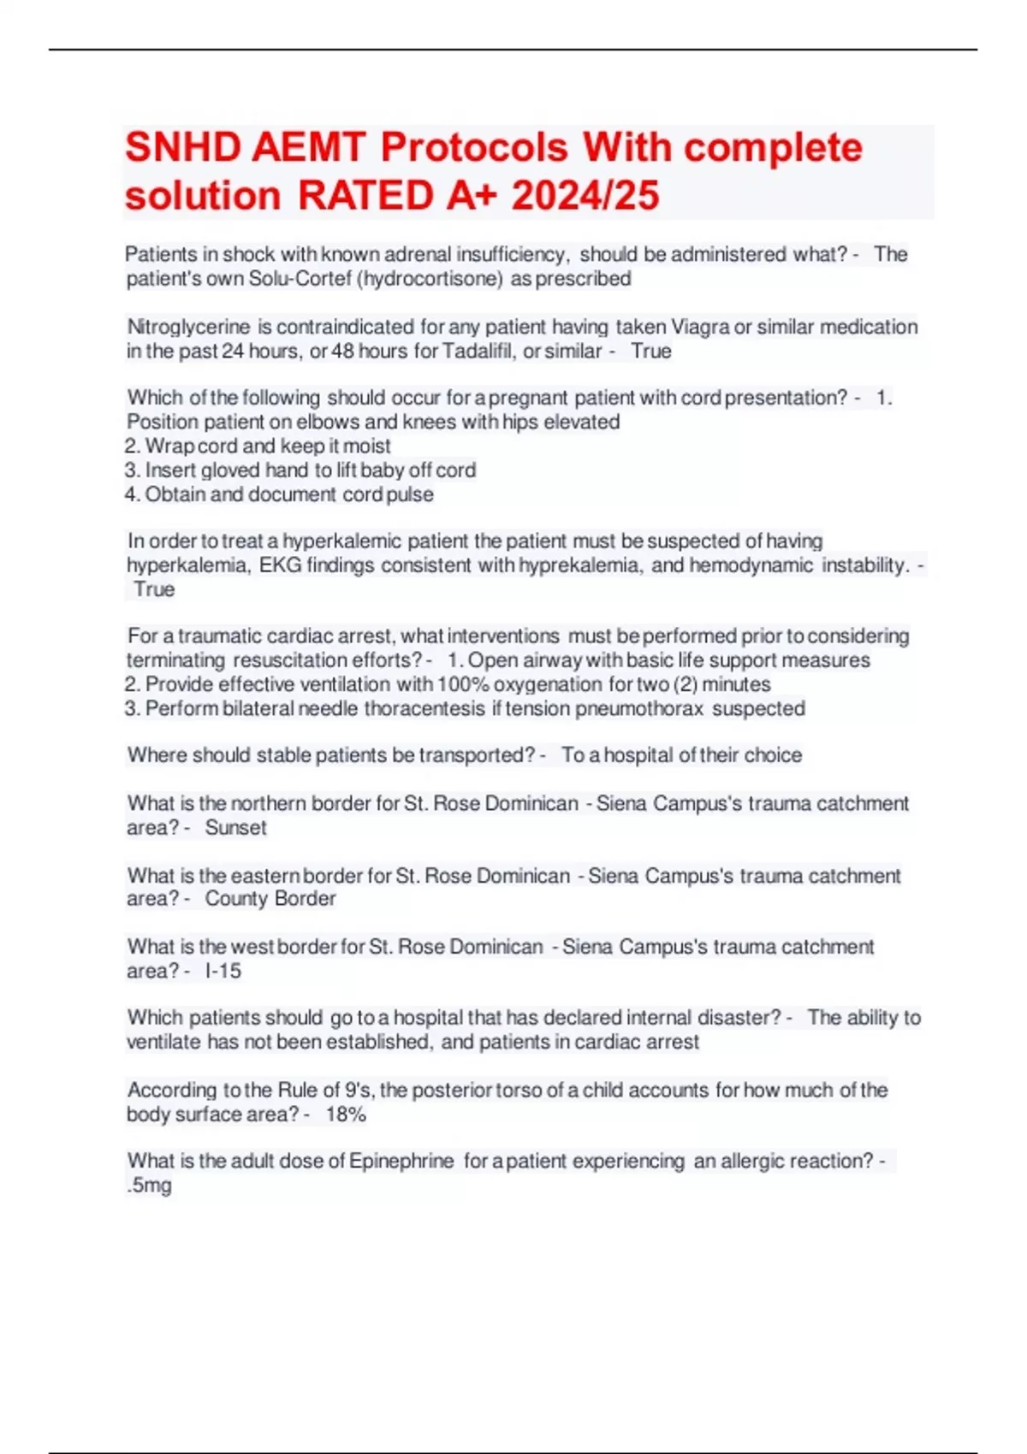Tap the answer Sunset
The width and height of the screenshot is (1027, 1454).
(x=235, y=827)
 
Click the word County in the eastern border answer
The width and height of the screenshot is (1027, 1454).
(x=236, y=899)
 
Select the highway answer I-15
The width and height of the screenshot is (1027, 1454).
(x=223, y=971)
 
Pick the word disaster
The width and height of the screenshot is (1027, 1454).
(x=739, y=1018)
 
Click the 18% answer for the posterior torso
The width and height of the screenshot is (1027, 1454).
(x=346, y=1114)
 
